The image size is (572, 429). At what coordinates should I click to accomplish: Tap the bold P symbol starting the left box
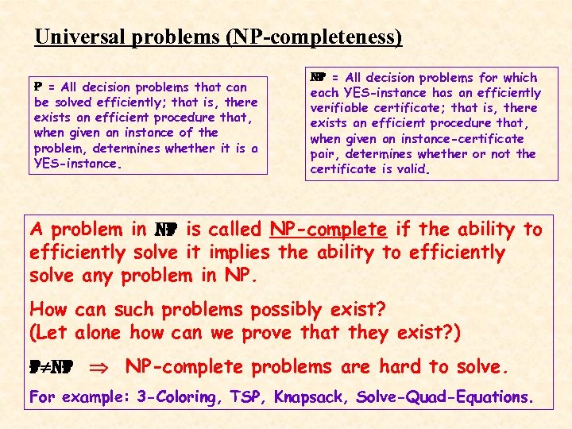click(37, 87)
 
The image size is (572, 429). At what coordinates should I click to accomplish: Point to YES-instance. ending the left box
click(76, 164)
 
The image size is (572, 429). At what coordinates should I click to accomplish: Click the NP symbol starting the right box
click(317, 78)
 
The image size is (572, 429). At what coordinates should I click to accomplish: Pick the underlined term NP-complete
click(328, 230)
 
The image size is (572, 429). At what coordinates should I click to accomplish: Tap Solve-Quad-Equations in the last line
click(446, 396)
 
